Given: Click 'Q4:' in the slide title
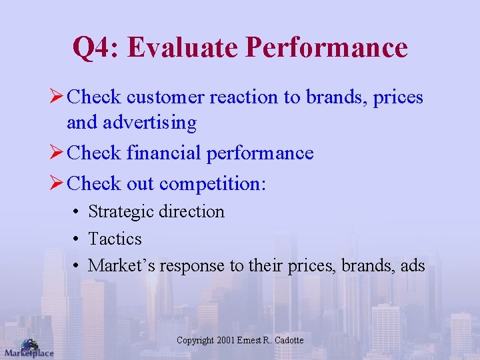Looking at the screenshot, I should (x=95, y=48).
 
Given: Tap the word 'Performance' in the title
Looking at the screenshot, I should (x=326, y=48).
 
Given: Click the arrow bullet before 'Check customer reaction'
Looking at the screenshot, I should (x=57, y=97).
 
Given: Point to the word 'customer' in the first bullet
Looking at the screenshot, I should (x=165, y=97).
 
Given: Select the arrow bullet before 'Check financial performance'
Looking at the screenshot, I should (x=57, y=153).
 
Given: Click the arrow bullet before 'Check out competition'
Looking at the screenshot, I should (x=57, y=183).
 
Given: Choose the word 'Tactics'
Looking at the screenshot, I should (x=115, y=239).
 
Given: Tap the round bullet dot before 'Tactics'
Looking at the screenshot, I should (x=78, y=239).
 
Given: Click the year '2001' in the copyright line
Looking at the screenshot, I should (x=226, y=341).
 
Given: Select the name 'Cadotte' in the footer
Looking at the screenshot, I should (x=288, y=341).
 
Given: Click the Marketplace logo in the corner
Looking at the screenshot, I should (x=28, y=348).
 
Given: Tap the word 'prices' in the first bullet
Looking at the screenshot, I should (x=398, y=97).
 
